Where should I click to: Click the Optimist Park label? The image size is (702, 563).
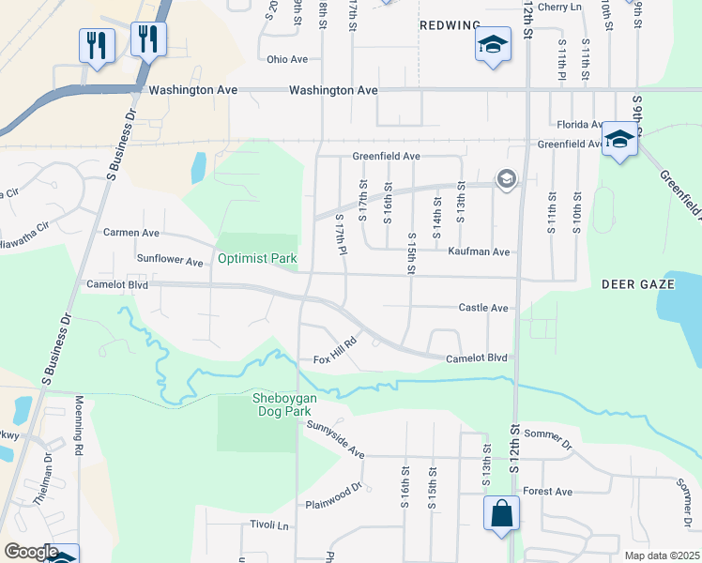pyautogui.click(x=257, y=258)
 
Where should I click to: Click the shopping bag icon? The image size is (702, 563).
pyautogui.click(x=501, y=515)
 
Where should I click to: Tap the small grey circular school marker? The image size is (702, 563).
pyautogui.click(x=506, y=179)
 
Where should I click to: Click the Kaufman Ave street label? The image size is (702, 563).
pyautogui.click(x=479, y=251)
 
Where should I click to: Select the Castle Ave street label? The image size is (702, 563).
pyautogui.click(x=482, y=308)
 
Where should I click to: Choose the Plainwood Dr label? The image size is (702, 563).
pyautogui.click(x=333, y=496)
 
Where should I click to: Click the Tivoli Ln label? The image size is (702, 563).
pyautogui.click(x=269, y=525)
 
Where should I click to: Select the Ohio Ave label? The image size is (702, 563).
pyautogui.click(x=287, y=59)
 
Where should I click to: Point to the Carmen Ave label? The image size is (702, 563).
pyautogui.click(x=131, y=232)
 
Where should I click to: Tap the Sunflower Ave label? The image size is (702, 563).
pyautogui.click(x=170, y=260)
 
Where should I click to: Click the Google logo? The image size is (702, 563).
pyautogui.click(x=30, y=552)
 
